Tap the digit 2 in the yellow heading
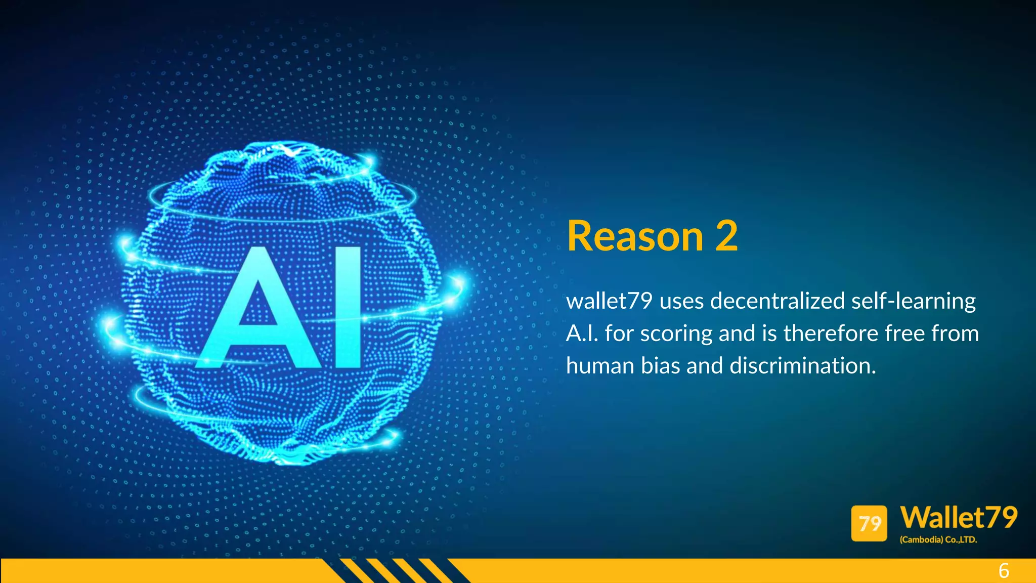pyautogui.click(x=726, y=236)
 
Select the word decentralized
pyautogui.click(x=778, y=301)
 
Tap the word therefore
pyautogui.click(x=827, y=334)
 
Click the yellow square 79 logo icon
pyautogui.click(x=869, y=523)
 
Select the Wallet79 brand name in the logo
pyautogui.click(x=959, y=518)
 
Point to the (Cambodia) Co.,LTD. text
pyautogui.click(x=938, y=540)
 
